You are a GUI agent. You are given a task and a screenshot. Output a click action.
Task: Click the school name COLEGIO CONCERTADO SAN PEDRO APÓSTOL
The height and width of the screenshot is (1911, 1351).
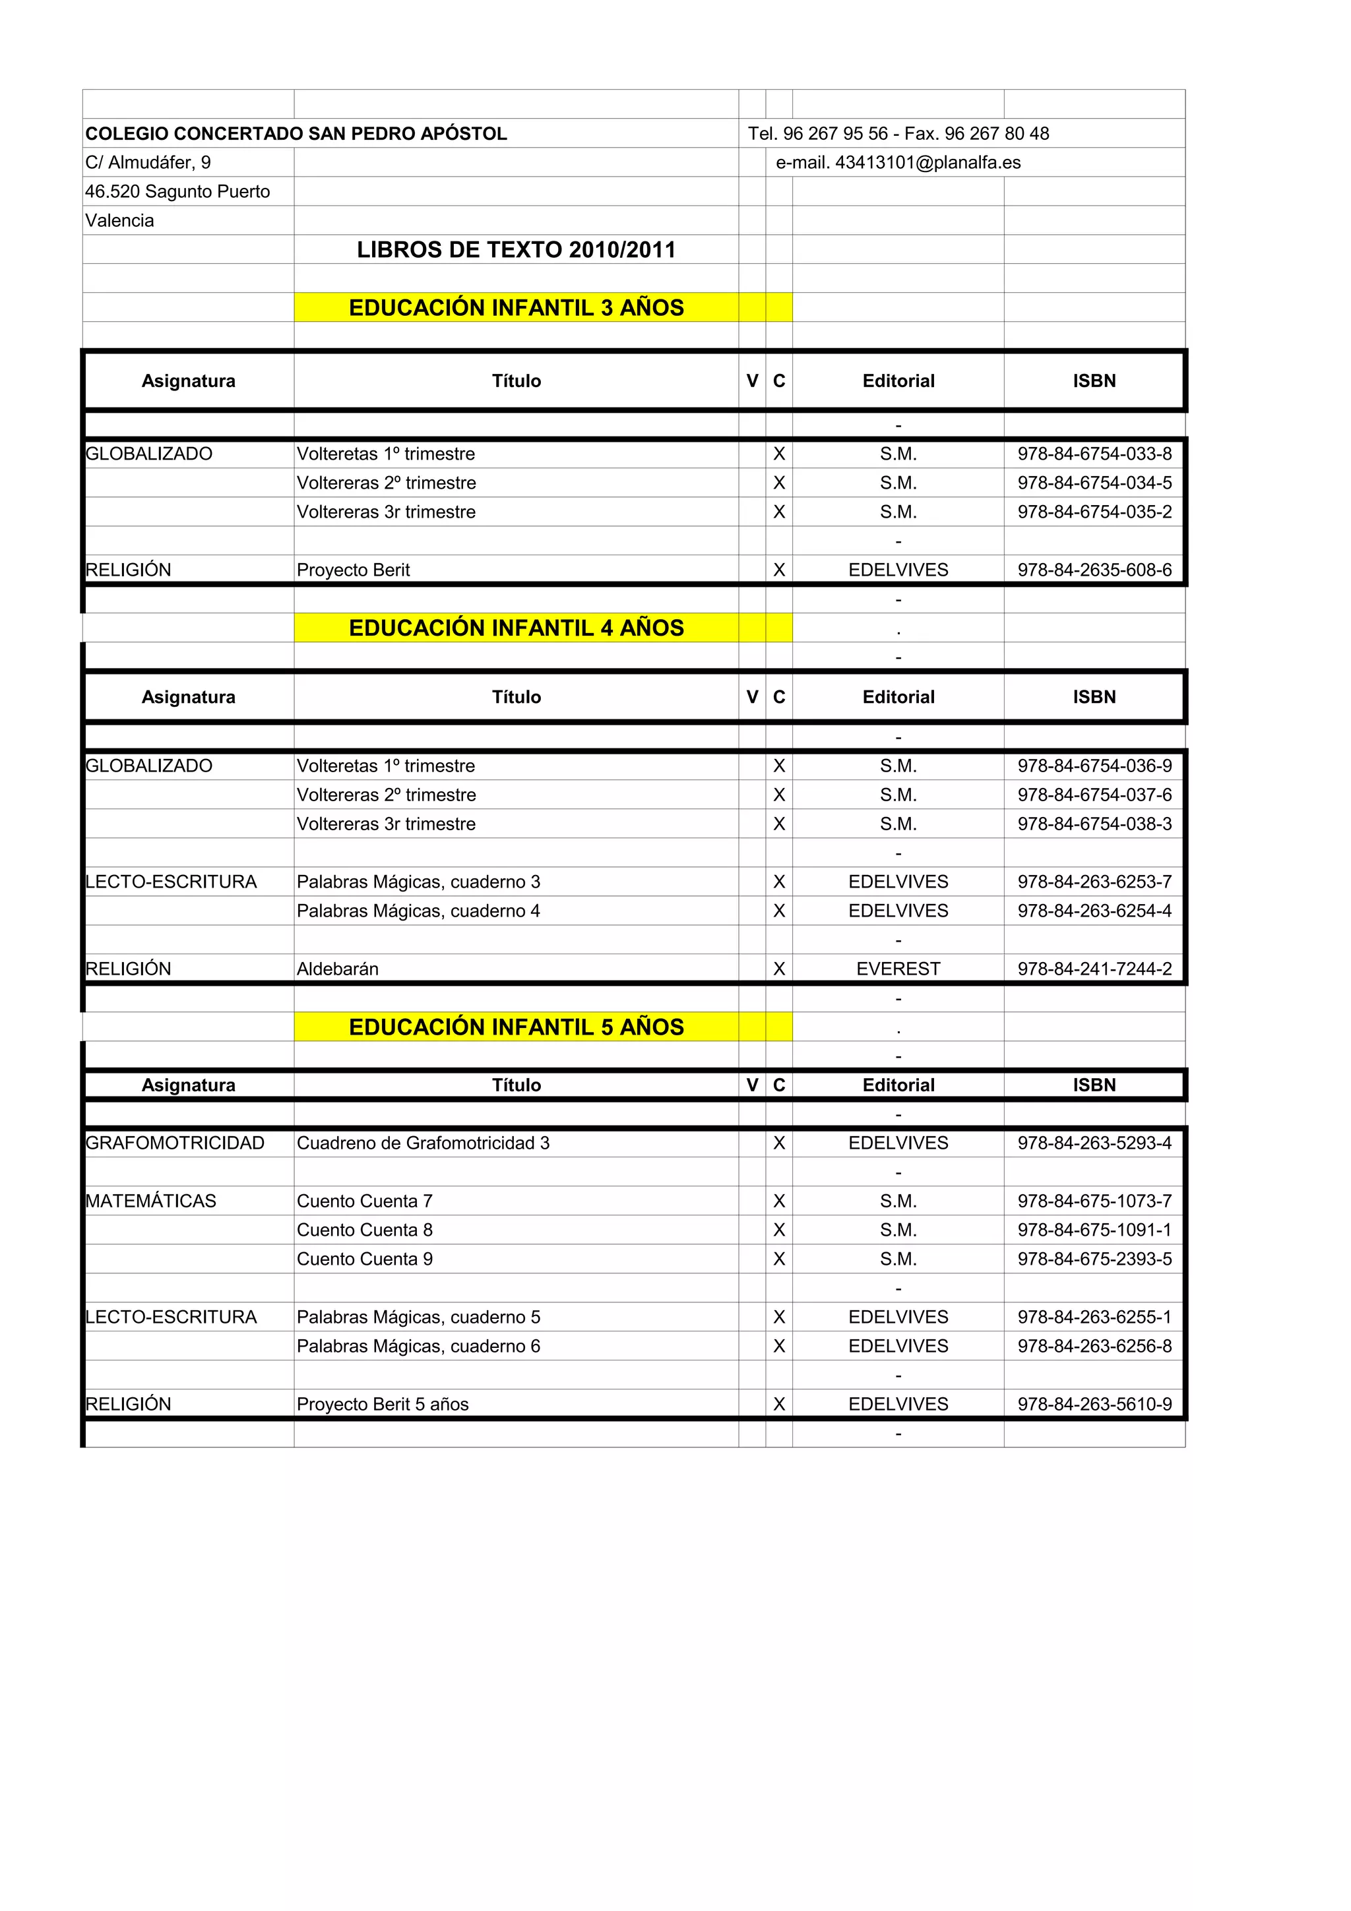point(296,133)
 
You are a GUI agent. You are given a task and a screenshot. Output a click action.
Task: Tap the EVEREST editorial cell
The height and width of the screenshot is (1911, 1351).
point(898,969)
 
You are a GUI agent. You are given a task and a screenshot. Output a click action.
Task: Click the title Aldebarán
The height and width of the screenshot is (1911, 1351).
point(337,969)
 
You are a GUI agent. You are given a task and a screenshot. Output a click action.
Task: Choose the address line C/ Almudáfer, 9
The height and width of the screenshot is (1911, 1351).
point(148,162)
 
